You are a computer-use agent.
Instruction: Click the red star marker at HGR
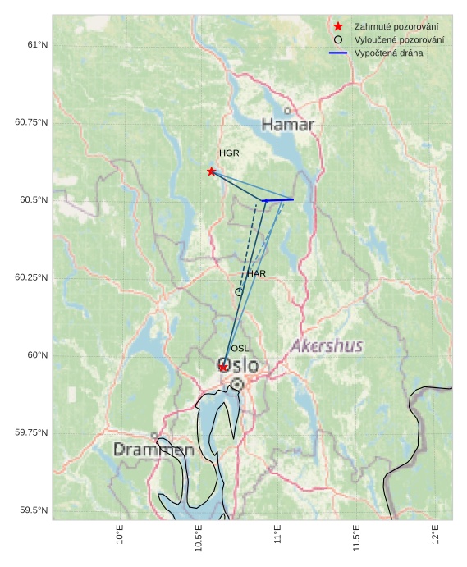pos(212,171)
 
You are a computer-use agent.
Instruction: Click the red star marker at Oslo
pos(222,367)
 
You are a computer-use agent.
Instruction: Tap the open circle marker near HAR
pos(239,291)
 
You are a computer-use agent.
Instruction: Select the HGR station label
pos(229,153)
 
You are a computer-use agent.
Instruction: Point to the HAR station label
pos(256,273)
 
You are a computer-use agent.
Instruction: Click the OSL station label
pos(240,349)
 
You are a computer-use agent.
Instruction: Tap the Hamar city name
pos(288,125)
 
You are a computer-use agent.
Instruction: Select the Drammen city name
pos(153,450)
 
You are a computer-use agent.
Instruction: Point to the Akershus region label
pos(327,345)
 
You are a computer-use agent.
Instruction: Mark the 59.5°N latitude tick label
pos(34,510)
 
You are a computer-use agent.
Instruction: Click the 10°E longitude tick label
pos(120,534)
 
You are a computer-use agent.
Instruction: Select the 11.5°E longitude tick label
pos(355,534)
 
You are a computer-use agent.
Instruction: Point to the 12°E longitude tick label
pos(434,534)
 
